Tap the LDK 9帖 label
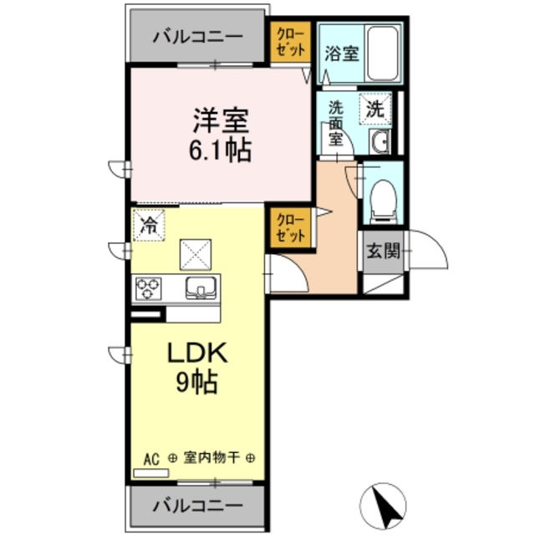pos(197,368)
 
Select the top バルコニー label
pos(197,38)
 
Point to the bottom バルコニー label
pos(197,506)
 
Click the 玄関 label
pos(383,250)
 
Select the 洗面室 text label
pos(336,124)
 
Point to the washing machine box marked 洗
pos(375,108)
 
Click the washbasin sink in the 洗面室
pos(380,142)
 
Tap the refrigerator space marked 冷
pos(149,224)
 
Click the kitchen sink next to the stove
pos(201,288)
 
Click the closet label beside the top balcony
pos(289,41)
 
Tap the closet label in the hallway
pos(291,227)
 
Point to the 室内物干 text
pos(211,458)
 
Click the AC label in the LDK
pos(150,459)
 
